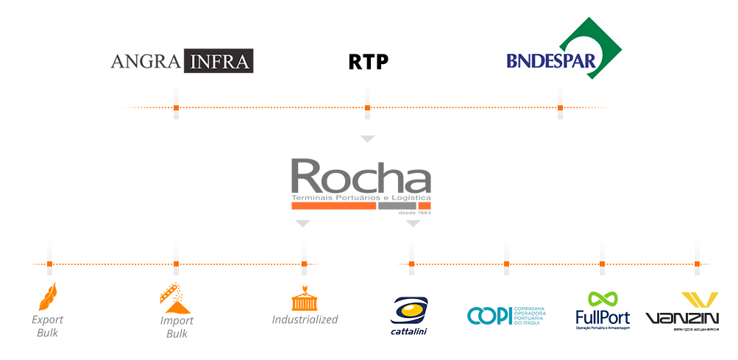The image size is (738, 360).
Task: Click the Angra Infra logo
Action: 182,60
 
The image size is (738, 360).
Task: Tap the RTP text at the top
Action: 368,62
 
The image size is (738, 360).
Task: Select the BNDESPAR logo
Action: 564,53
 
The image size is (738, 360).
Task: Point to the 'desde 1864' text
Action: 413,213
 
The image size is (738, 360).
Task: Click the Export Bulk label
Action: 48,326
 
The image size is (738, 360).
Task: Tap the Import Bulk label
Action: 177,327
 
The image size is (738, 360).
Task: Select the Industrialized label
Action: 305,320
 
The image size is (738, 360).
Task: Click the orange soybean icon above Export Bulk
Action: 48,296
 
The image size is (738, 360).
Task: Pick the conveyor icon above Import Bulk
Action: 176,296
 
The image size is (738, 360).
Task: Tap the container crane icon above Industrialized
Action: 304,297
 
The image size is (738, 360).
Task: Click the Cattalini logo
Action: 409,315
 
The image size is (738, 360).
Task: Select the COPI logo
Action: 506,315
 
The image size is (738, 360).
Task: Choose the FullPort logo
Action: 602,309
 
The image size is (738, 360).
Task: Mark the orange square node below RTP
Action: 367,108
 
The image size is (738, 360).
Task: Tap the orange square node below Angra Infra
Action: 176,108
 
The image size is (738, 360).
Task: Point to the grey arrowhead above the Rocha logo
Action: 367,138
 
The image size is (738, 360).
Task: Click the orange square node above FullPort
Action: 602,264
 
